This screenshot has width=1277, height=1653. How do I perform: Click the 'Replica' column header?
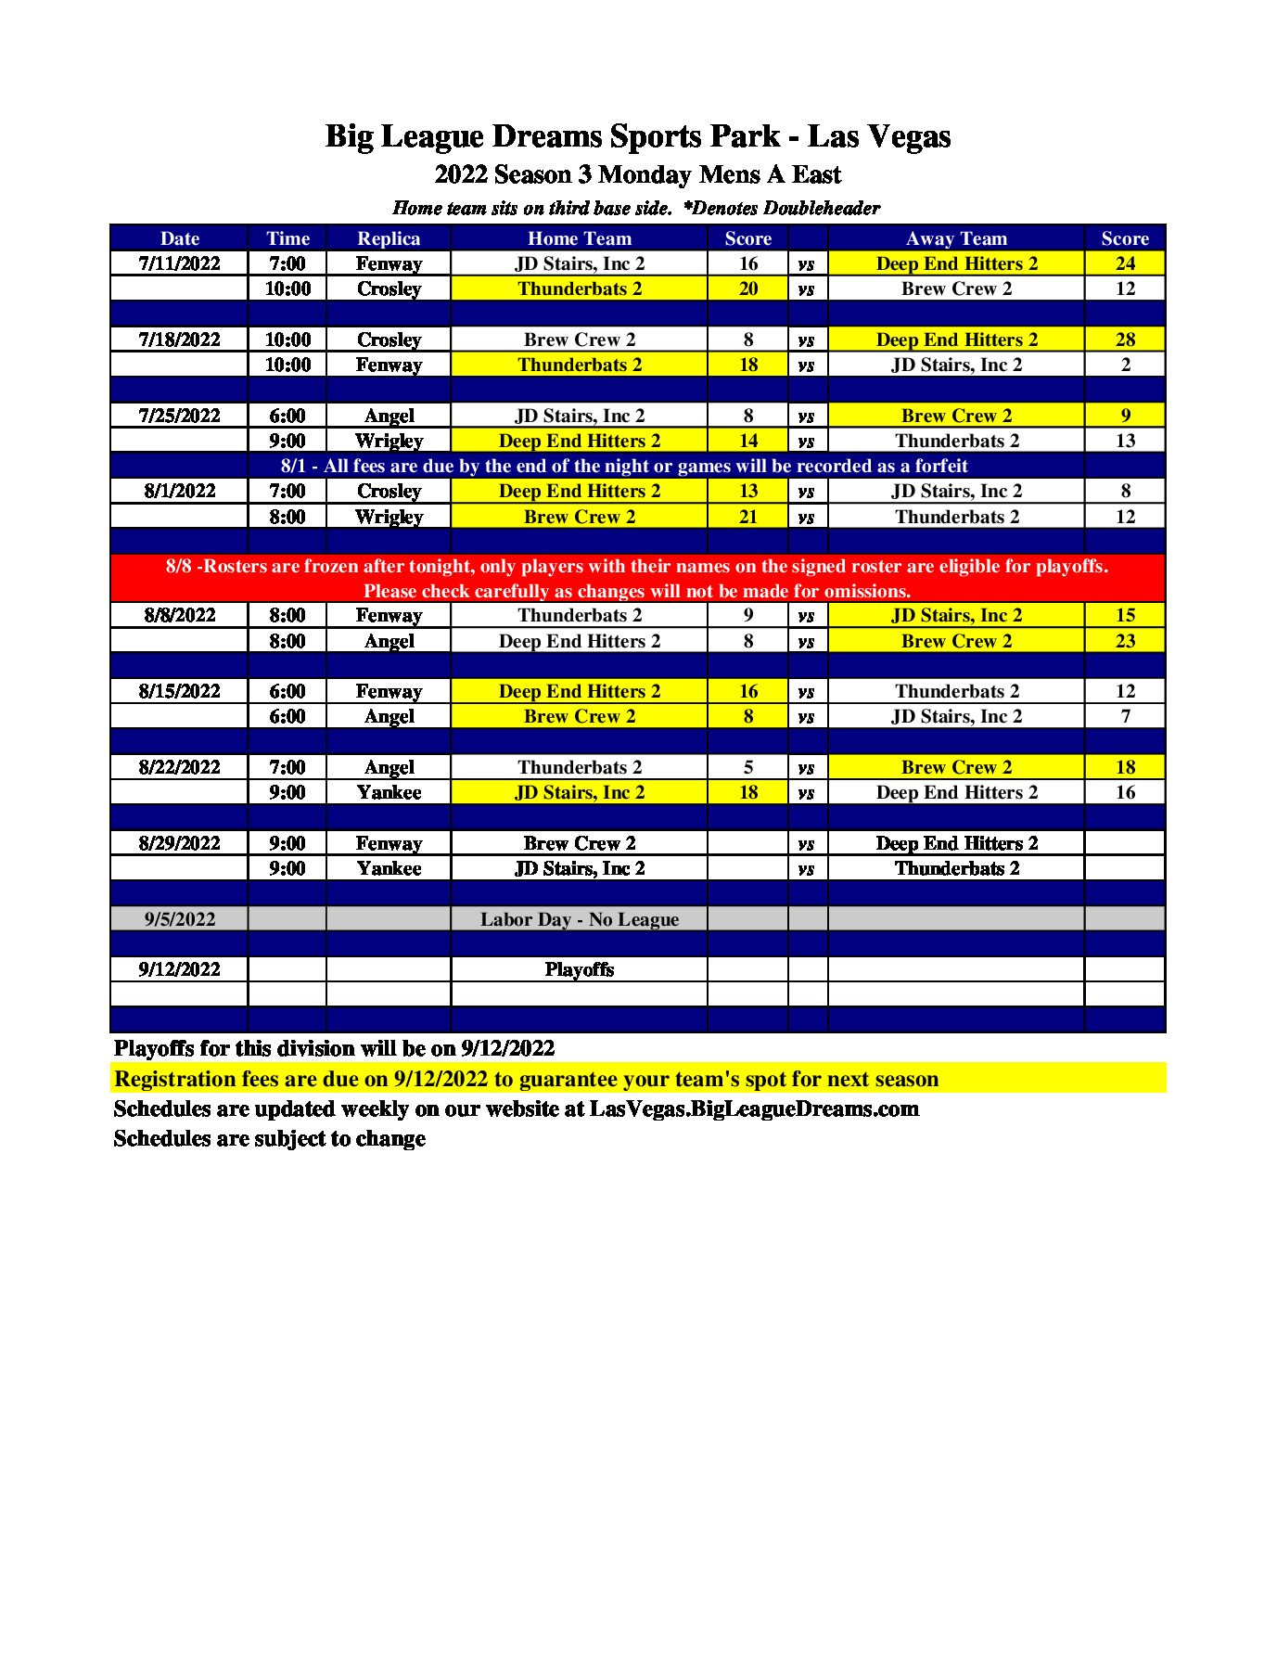[389, 238]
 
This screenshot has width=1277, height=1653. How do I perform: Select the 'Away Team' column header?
[956, 238]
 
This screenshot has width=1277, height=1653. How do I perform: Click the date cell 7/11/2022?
[179, 263]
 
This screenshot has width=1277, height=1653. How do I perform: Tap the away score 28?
[1125, 340]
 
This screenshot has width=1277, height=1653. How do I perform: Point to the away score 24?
[1125, 263]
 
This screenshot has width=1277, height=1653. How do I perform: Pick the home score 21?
[748, 517]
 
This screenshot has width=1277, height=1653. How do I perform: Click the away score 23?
[1125, 641]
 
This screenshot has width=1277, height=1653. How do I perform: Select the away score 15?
[1125, 615]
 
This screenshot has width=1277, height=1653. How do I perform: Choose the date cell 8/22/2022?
[179, 767]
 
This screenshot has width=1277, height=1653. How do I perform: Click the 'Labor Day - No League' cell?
[580, 919]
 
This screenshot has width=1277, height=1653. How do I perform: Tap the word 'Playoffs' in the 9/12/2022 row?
[580, 969]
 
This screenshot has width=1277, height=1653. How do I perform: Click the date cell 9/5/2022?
[179, 919]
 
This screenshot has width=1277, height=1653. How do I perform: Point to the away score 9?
[1125, 416]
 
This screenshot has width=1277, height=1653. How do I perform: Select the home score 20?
[748, 288]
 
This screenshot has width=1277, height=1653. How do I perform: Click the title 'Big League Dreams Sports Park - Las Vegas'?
[638, 136]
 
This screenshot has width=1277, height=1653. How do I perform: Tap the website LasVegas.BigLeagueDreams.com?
[754, 1108]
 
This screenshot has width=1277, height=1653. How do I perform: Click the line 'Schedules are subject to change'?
[270, 1138]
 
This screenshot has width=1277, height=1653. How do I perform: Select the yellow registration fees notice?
[526, 1079]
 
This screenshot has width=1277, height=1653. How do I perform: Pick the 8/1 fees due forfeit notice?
[624, 466]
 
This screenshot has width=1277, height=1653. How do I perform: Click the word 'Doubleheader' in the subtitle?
[822, 208]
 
